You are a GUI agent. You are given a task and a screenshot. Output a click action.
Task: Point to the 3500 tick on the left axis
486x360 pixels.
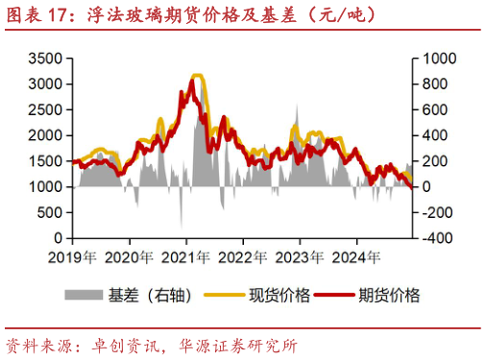coord(45,59)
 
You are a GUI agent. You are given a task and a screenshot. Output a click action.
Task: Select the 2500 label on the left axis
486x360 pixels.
coord(45,109)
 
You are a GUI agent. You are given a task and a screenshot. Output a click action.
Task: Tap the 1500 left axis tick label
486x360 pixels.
coord(45,161)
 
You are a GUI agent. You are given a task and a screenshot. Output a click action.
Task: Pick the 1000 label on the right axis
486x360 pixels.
coord(433,59)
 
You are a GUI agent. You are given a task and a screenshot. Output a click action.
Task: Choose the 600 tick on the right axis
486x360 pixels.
coord(429,109)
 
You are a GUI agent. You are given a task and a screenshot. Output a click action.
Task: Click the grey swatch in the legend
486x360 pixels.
coord(85,296)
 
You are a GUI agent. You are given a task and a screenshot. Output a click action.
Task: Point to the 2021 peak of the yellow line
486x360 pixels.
coord(197,75)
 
